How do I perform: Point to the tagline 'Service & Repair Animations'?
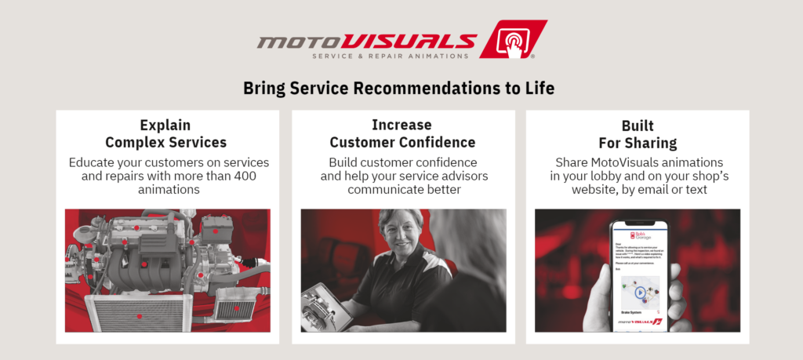tap(391, 56)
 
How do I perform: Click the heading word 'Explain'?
tap(165, 125)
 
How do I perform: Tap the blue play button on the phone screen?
tap(641, 293)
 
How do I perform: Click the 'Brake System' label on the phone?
tap(632, 311)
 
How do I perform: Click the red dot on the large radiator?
tap(140, 316)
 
